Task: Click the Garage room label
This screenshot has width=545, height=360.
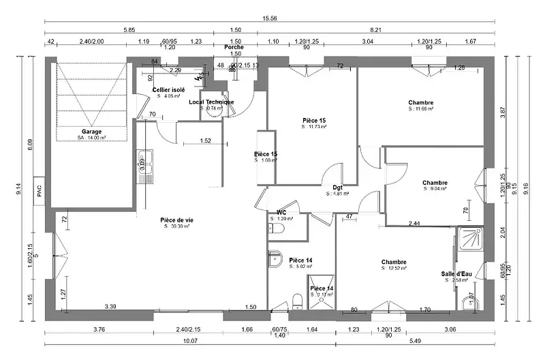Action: (92, 131)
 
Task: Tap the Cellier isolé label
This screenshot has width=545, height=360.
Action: (168, 90)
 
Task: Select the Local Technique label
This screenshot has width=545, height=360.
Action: (211, 102)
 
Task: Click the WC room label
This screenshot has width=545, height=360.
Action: (281, 212)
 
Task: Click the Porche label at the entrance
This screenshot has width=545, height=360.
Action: (234, 47)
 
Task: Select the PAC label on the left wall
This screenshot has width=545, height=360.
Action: (40, 192)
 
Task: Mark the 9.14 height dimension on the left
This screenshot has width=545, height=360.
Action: (19, 192)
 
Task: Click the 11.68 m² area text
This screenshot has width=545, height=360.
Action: (421, 109)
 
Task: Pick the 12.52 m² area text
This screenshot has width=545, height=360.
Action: (394, 269)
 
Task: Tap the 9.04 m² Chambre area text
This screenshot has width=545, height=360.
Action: (435, 189)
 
